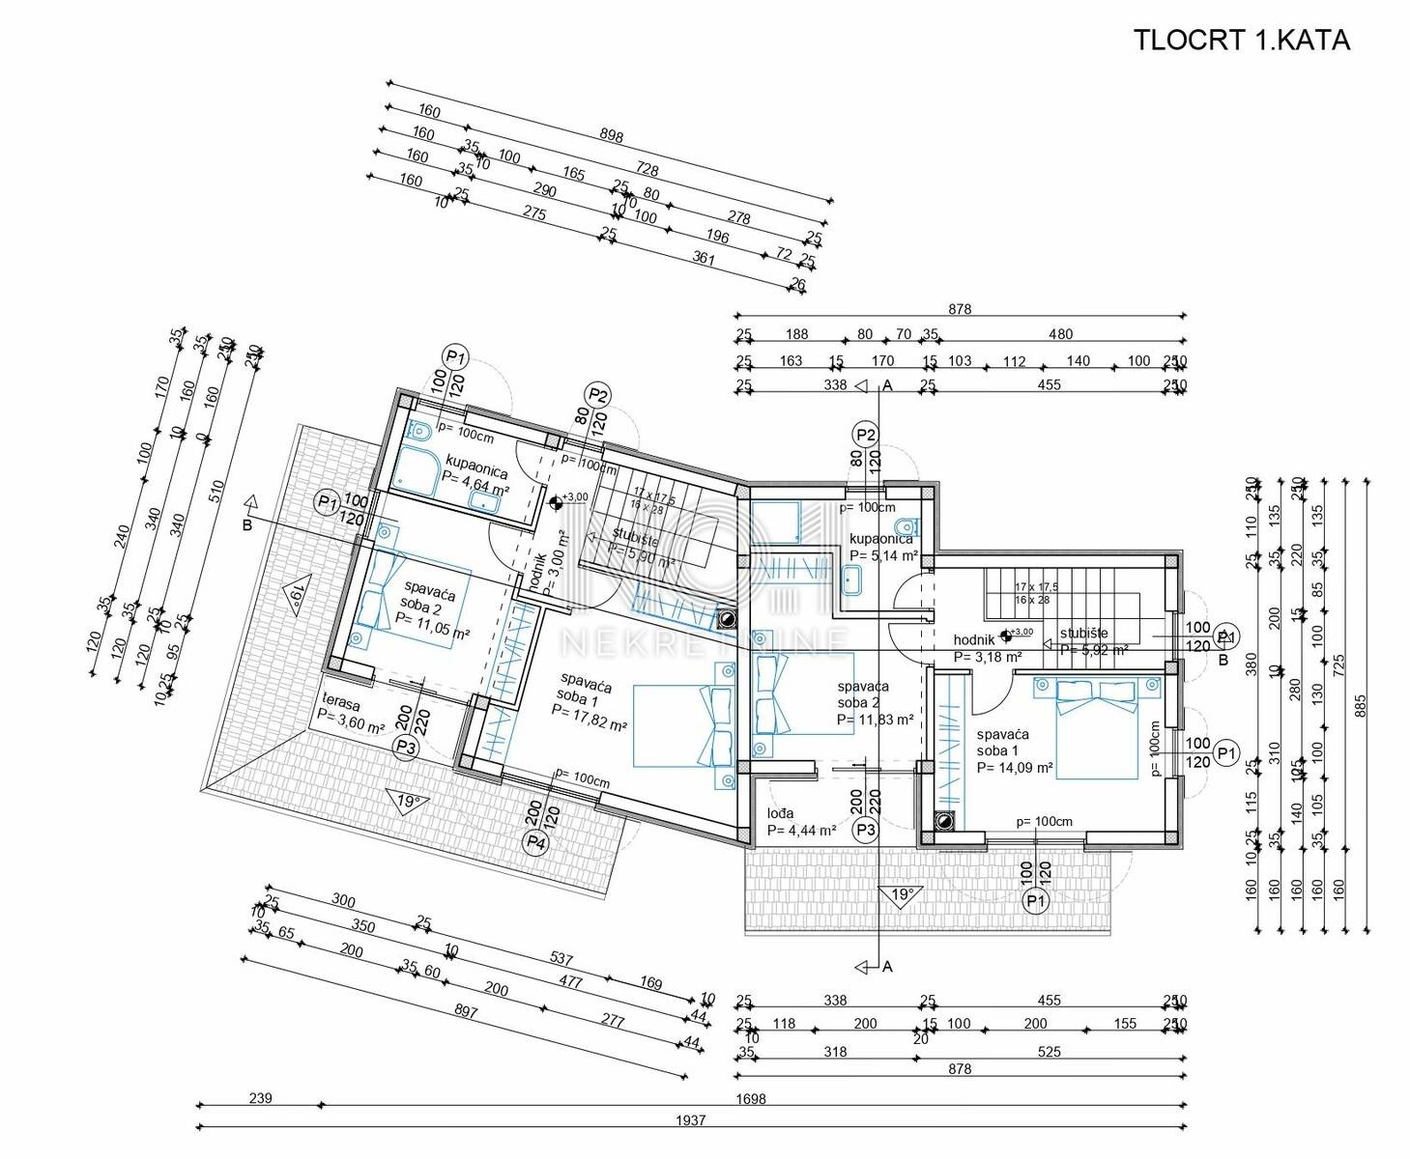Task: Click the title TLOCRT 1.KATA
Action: point(1241,41)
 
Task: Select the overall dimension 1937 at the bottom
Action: point(691,1120)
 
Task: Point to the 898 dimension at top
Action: point(611,136)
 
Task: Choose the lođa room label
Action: point(781,813)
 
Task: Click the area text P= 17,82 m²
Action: point(589,716)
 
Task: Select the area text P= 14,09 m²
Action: point(1014,769)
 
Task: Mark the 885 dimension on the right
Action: point(1361,703)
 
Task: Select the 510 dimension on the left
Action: point(216,490)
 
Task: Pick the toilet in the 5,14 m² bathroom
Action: point(906,526)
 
